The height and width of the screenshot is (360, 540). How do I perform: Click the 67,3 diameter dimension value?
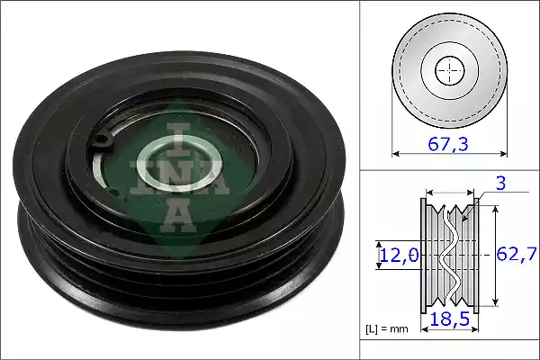click(x=447, y=144)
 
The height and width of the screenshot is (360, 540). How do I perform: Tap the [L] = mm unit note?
click(x=387, y=329)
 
